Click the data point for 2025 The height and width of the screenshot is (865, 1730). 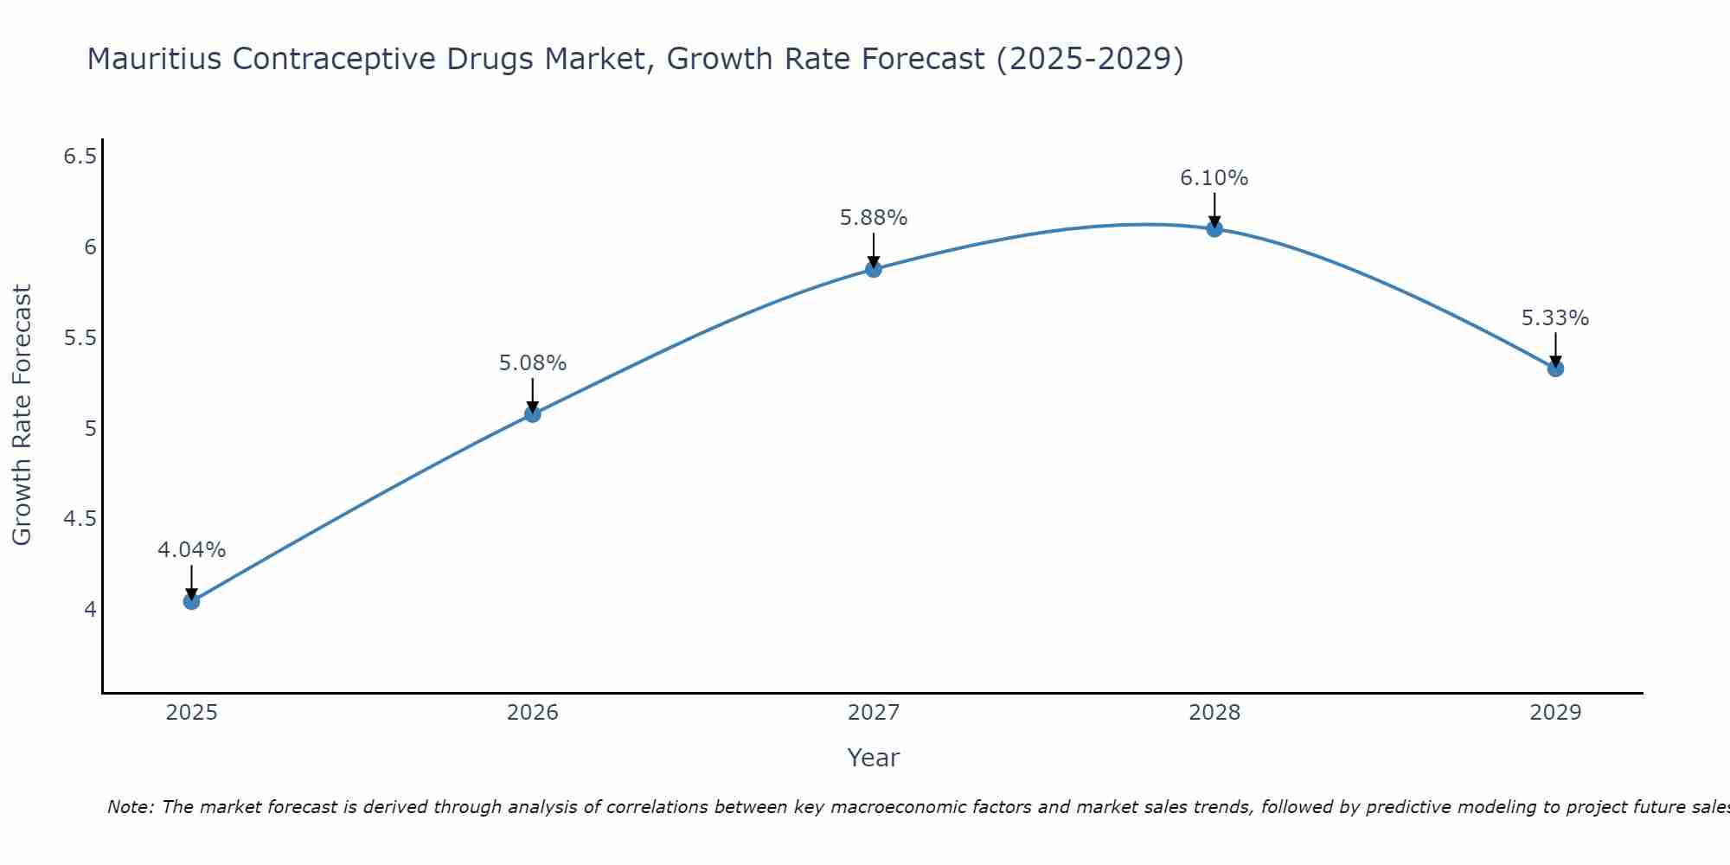click(x=191, y=601)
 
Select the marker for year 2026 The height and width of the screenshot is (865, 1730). click(x=532, y=414)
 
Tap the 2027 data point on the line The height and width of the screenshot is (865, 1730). click(x=874, y=269)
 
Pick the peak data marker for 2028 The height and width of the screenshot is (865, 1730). click(x=1214, y=229)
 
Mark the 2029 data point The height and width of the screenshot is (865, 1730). click(x=1555, y=368)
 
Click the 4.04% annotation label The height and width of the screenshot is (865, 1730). click(x=191, y=550)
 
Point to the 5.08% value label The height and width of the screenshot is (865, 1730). click(x=532, y=363)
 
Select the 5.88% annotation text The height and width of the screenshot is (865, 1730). click(x=874, y=218)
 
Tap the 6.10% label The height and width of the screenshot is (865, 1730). click(x=1214, y=178)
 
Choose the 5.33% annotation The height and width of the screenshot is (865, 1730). click(x=1555, y=318)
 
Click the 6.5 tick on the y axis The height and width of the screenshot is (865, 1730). click(x=80, y=157)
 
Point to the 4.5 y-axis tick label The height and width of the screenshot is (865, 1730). click(x=80, y=519)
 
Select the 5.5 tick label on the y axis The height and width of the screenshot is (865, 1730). click(x=80, y=337)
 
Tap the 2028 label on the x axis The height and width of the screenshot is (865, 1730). click(x=1214, y=713)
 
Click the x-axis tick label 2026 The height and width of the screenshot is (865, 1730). click(x=532, y=713)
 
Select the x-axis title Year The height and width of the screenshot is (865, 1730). click(x=874, y=758)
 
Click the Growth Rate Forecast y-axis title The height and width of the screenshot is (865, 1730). click(x=22, y=415)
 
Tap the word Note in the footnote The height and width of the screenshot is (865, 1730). click(x=129, y=807)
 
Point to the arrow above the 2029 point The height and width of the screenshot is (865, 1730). click(x=1555, y=349)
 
